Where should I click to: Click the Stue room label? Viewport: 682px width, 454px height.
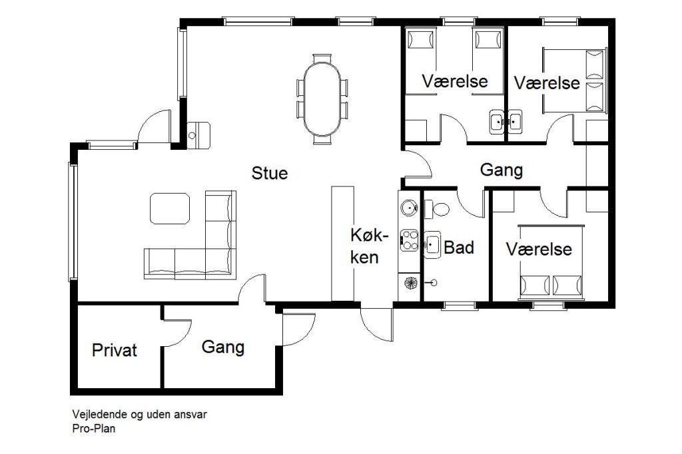pyautogui.click(x=270, y=173)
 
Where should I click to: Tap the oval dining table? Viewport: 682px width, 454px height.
pyautogui.click(x=322, y=99)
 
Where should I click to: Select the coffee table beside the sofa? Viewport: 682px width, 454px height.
pyautogui.click(x=170, y=208)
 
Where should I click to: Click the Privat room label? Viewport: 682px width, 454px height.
pyautogui.click(x=115, y=350)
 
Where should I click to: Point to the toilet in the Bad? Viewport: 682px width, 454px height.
pyautogui.click(x=436, y=209)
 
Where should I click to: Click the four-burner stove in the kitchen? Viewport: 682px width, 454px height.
pyautogui.click(x=409, y=240)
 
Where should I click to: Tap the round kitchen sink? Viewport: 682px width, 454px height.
pyautogui.click(x=409, y=208)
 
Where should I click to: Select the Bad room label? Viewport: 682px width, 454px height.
pyautogui.click(x=459, y=248)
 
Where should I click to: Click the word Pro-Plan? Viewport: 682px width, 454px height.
pyautogui.click(x=94, y=428)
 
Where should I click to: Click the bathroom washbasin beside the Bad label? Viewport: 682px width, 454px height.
pyautogui.click(x=432, y=245)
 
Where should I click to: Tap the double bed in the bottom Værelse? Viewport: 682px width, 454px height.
pyautogui.click(x=551, y=262)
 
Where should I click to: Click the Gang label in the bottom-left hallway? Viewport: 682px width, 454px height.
pyautogui.click(x=223, y=347)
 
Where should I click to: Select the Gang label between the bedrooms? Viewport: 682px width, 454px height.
pyautogui.click(x=502, y=170)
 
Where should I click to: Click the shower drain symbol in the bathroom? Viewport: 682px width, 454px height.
pyautogui.click(x=433, y=283)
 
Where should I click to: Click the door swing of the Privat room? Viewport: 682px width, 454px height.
pyautogui.click(x=176, y=334)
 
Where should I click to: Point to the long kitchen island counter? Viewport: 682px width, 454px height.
pyautogui.click(x=343, y=244)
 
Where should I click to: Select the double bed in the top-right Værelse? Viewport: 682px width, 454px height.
pyautogui.click(x=574, y=81)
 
